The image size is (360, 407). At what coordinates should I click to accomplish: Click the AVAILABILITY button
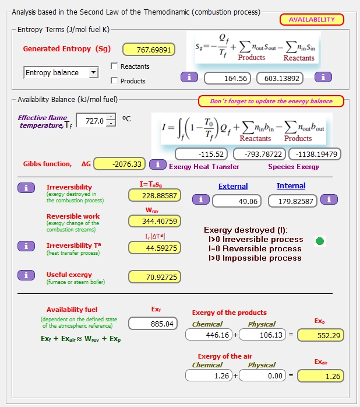click(312, 19)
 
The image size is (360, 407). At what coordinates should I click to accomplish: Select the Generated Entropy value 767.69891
click(149, 50)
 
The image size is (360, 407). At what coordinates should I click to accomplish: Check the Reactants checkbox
click(114, 66)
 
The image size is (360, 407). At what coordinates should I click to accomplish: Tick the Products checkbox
click(114, 81)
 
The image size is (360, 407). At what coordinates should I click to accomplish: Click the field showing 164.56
click(227, 78)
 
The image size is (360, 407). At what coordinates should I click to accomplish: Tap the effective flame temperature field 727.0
click(91, 121)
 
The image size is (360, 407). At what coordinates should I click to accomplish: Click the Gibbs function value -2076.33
click(119, 164)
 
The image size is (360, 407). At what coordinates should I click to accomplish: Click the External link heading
click(233, 186)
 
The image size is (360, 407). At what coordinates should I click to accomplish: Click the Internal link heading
click(291, 186)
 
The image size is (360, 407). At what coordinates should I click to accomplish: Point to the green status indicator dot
click(320, 241)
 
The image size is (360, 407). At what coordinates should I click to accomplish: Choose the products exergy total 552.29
click(321, 335)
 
